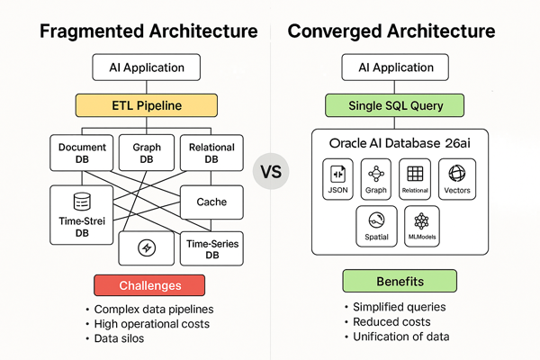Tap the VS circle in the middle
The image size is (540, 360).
tap(271, 171)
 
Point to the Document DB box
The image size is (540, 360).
tap(82, 154)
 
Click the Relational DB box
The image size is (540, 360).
tap(211, 154)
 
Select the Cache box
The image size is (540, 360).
tap(211, 202)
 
